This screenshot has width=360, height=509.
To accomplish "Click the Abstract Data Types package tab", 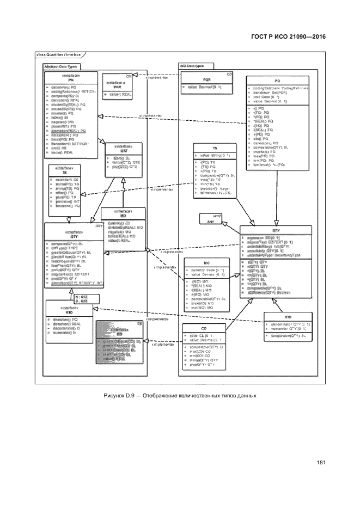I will (x=60, y=66).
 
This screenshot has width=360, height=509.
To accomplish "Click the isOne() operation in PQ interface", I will (x=60, y=116).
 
